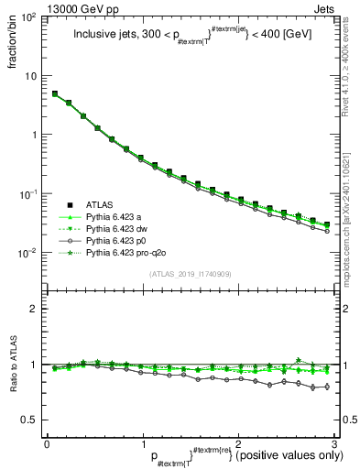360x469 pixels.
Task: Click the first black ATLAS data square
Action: click(x=55, y=93)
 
